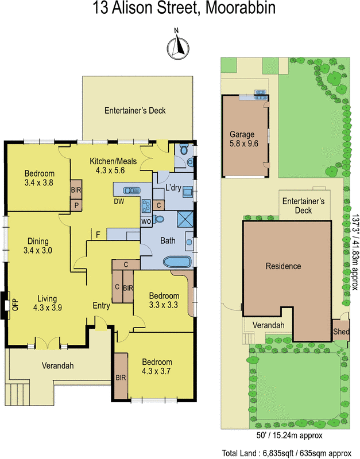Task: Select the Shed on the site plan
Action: coord(340,331)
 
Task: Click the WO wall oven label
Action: coord(146,220)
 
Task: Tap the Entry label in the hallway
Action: coord(101,306)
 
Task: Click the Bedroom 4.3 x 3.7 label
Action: coord(157,367)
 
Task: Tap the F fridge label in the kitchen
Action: coord(98,234)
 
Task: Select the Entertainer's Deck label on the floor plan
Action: coord(135,110)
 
